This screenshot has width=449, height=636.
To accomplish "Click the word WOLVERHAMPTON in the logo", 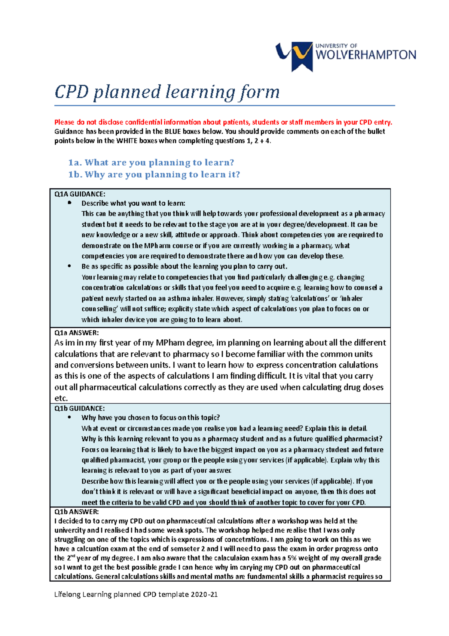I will [366, 55].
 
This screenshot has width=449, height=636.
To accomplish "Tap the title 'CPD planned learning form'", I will [167, 92].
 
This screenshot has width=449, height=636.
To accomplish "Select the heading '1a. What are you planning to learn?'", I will [151, 163].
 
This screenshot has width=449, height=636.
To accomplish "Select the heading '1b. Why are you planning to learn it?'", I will [154, 175].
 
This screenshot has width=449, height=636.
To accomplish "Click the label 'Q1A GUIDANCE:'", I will [80, 194].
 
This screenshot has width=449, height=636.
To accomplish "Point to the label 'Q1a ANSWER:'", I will [76, 333].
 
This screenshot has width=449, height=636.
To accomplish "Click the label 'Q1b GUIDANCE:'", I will [79, 408].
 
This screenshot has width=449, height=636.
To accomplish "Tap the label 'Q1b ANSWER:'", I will [76, 512].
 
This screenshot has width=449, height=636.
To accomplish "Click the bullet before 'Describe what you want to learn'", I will [70, 203].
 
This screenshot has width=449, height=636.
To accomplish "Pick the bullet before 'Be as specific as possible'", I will [70, 266].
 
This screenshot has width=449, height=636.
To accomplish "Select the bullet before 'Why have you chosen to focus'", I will [70, 417].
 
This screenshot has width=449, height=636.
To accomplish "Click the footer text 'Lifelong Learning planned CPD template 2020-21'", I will [136, 594].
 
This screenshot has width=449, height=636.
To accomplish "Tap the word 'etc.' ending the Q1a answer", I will [61, 398].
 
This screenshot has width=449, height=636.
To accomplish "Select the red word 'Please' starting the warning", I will [64, 122].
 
